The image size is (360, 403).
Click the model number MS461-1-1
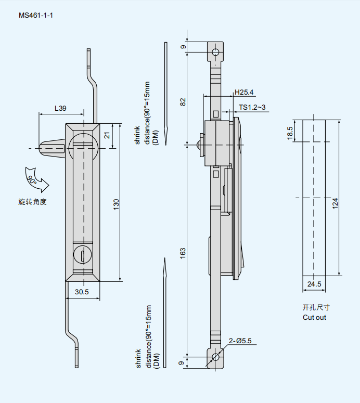[x=36, y=15]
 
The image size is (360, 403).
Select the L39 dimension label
[x=60, y=109]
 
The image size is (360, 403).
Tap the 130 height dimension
[x=117, y=203]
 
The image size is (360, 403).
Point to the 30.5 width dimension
[x=82, y=292]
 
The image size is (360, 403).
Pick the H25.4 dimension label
[x=244, y=92]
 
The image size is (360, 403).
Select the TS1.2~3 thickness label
[x=252, y=108]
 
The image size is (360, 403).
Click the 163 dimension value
[x=183, y=252]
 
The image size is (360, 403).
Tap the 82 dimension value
[x=183, y=101]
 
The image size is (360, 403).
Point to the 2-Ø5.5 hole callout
[x=240, y=341]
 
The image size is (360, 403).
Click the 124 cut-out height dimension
[x=336, y=202]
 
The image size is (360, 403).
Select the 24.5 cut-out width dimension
[x=314, y=284]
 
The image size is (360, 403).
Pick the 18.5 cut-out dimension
[x=290, y=133]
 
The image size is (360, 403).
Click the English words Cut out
[x=314, y=317]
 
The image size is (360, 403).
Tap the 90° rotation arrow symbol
[x=35, y=180]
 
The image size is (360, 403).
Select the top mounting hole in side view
[x=215, y=51]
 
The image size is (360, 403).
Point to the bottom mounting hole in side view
[x=215, y=357]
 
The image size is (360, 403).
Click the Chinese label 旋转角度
[x=32, y=202]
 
